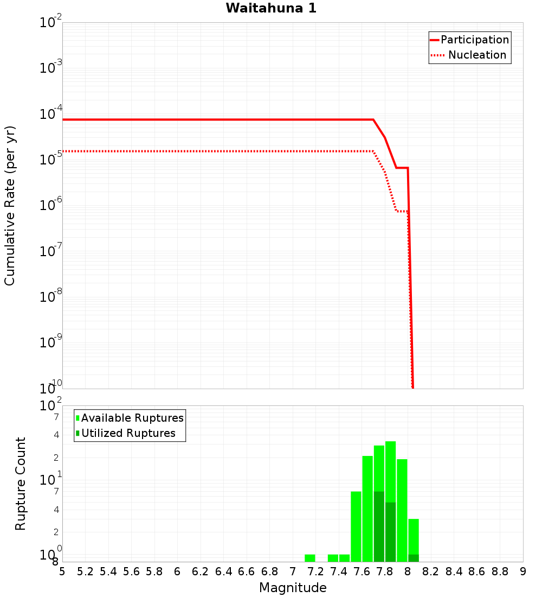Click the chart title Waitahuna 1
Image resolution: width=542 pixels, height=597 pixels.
271,8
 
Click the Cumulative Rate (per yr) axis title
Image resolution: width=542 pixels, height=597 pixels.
10,206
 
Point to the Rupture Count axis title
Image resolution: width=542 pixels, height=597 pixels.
21,484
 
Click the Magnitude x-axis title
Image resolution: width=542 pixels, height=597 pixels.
293,588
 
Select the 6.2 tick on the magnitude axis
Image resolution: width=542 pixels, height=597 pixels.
200,571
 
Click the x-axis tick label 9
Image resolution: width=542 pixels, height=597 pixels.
523,571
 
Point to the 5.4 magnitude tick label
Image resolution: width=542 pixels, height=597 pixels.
108,571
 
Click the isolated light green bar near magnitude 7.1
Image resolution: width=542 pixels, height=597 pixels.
309,558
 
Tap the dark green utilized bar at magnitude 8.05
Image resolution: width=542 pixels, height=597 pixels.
414,558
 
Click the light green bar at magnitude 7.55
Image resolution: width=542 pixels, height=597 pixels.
356,526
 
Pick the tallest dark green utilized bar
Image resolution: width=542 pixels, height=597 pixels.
379,526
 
